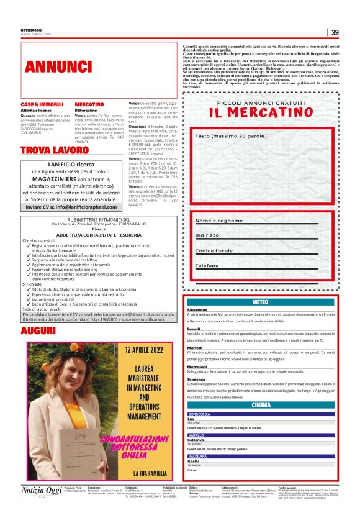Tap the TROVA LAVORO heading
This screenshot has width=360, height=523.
55,151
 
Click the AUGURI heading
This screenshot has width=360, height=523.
38,331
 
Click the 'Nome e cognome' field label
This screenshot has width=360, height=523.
218,221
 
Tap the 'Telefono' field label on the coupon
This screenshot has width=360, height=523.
207,265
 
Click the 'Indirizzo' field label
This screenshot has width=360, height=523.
207,235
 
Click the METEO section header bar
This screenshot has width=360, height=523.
261,301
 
